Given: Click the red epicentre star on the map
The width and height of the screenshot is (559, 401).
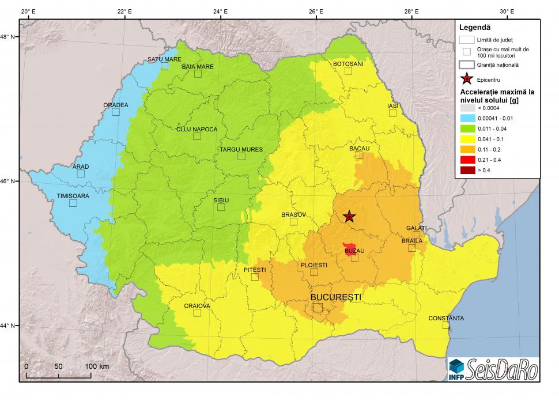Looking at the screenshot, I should point(349,217).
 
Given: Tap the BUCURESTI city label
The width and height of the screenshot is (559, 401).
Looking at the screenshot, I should point(336,297).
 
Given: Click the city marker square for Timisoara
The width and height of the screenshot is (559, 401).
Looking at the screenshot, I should point(73,203).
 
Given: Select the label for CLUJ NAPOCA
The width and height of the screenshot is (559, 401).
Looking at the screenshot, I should point(197,129).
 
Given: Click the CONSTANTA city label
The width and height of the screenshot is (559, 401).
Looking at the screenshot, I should point(445,319).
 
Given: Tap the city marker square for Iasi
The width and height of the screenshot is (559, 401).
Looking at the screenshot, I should point(392,113).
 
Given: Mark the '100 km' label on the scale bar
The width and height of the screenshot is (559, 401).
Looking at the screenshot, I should point(97,366).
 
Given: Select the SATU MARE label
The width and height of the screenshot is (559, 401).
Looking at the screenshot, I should point(164,59).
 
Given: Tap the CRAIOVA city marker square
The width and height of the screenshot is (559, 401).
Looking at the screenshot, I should point(197,313).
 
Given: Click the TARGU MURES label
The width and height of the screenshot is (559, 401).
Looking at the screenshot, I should point(241,150).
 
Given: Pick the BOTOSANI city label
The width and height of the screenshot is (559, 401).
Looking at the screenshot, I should point(348,64).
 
